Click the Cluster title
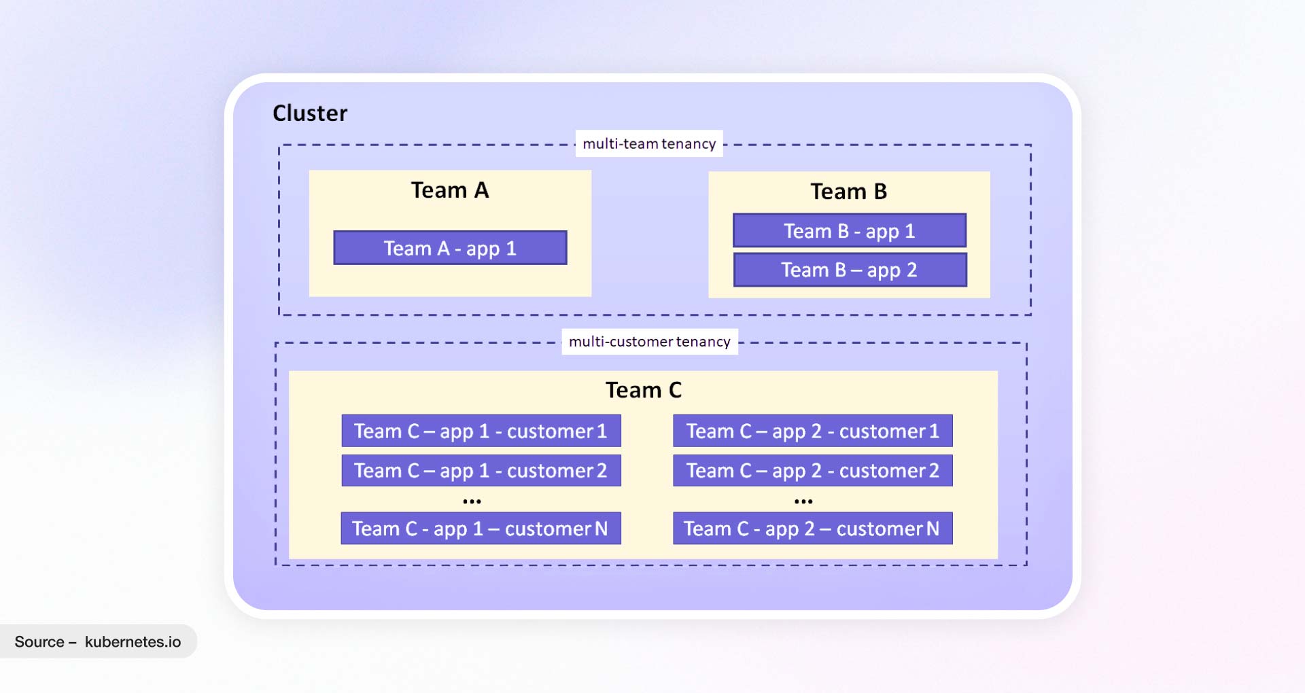310,113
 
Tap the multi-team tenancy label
649,143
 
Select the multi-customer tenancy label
649,341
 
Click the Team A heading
449,190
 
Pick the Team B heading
848,192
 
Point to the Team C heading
643,390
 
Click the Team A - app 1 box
450,248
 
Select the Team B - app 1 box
849,231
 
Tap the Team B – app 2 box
850,270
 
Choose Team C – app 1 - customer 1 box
481,431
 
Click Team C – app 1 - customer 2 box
481,470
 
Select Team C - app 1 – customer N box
481,528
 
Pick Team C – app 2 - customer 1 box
812,431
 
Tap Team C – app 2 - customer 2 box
812,470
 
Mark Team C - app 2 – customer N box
812,528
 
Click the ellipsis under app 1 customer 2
472,501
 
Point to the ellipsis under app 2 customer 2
803,501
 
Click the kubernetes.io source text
133,641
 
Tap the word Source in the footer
39,641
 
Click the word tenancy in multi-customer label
703,342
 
